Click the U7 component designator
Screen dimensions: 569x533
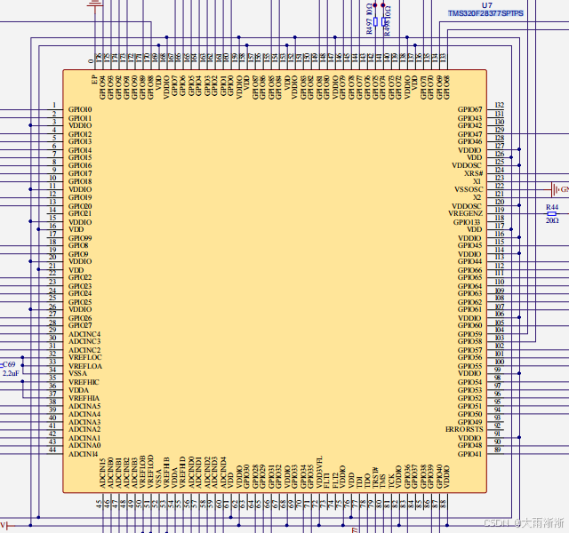tap(485, 5)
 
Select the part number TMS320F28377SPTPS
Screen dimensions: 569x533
tap(486, 14)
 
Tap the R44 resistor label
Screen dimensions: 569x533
tap(551, 206)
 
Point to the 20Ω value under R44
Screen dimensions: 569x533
tap(551, 220)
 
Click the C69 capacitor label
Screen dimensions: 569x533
tap(9, 365)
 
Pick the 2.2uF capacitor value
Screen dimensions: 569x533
tap(11, 374)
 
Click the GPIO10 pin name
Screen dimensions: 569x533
tap(80, 109)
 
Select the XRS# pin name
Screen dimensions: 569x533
tap(472, 173)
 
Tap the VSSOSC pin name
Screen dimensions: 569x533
tap(469, 189)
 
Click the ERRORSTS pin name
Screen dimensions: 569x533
tap(464, 429)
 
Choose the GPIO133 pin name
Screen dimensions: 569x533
tap(468, 221)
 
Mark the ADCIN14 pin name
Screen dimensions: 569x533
tap(83, 453)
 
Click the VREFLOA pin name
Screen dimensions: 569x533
tap(85, 366)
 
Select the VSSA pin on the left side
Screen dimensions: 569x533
tap(78, 373)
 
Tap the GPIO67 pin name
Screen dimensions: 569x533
tap(469, 109)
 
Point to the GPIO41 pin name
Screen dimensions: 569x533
tap(469, 453)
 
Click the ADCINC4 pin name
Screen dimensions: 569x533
tap(84, 334)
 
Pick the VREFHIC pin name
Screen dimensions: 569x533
tap(84, 382)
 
